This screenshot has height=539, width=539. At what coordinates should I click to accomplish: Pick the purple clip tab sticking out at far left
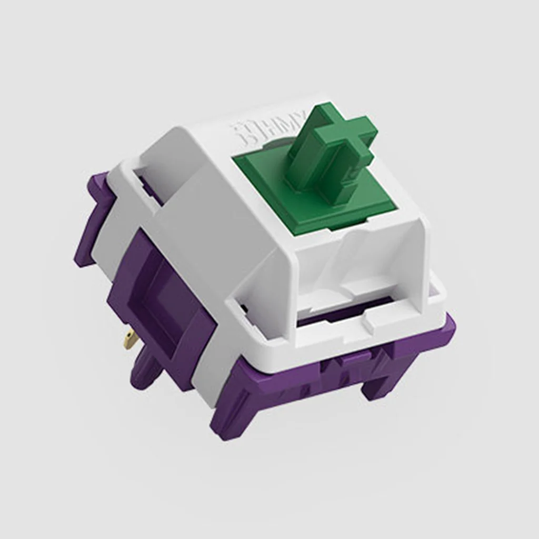point(92,221)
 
